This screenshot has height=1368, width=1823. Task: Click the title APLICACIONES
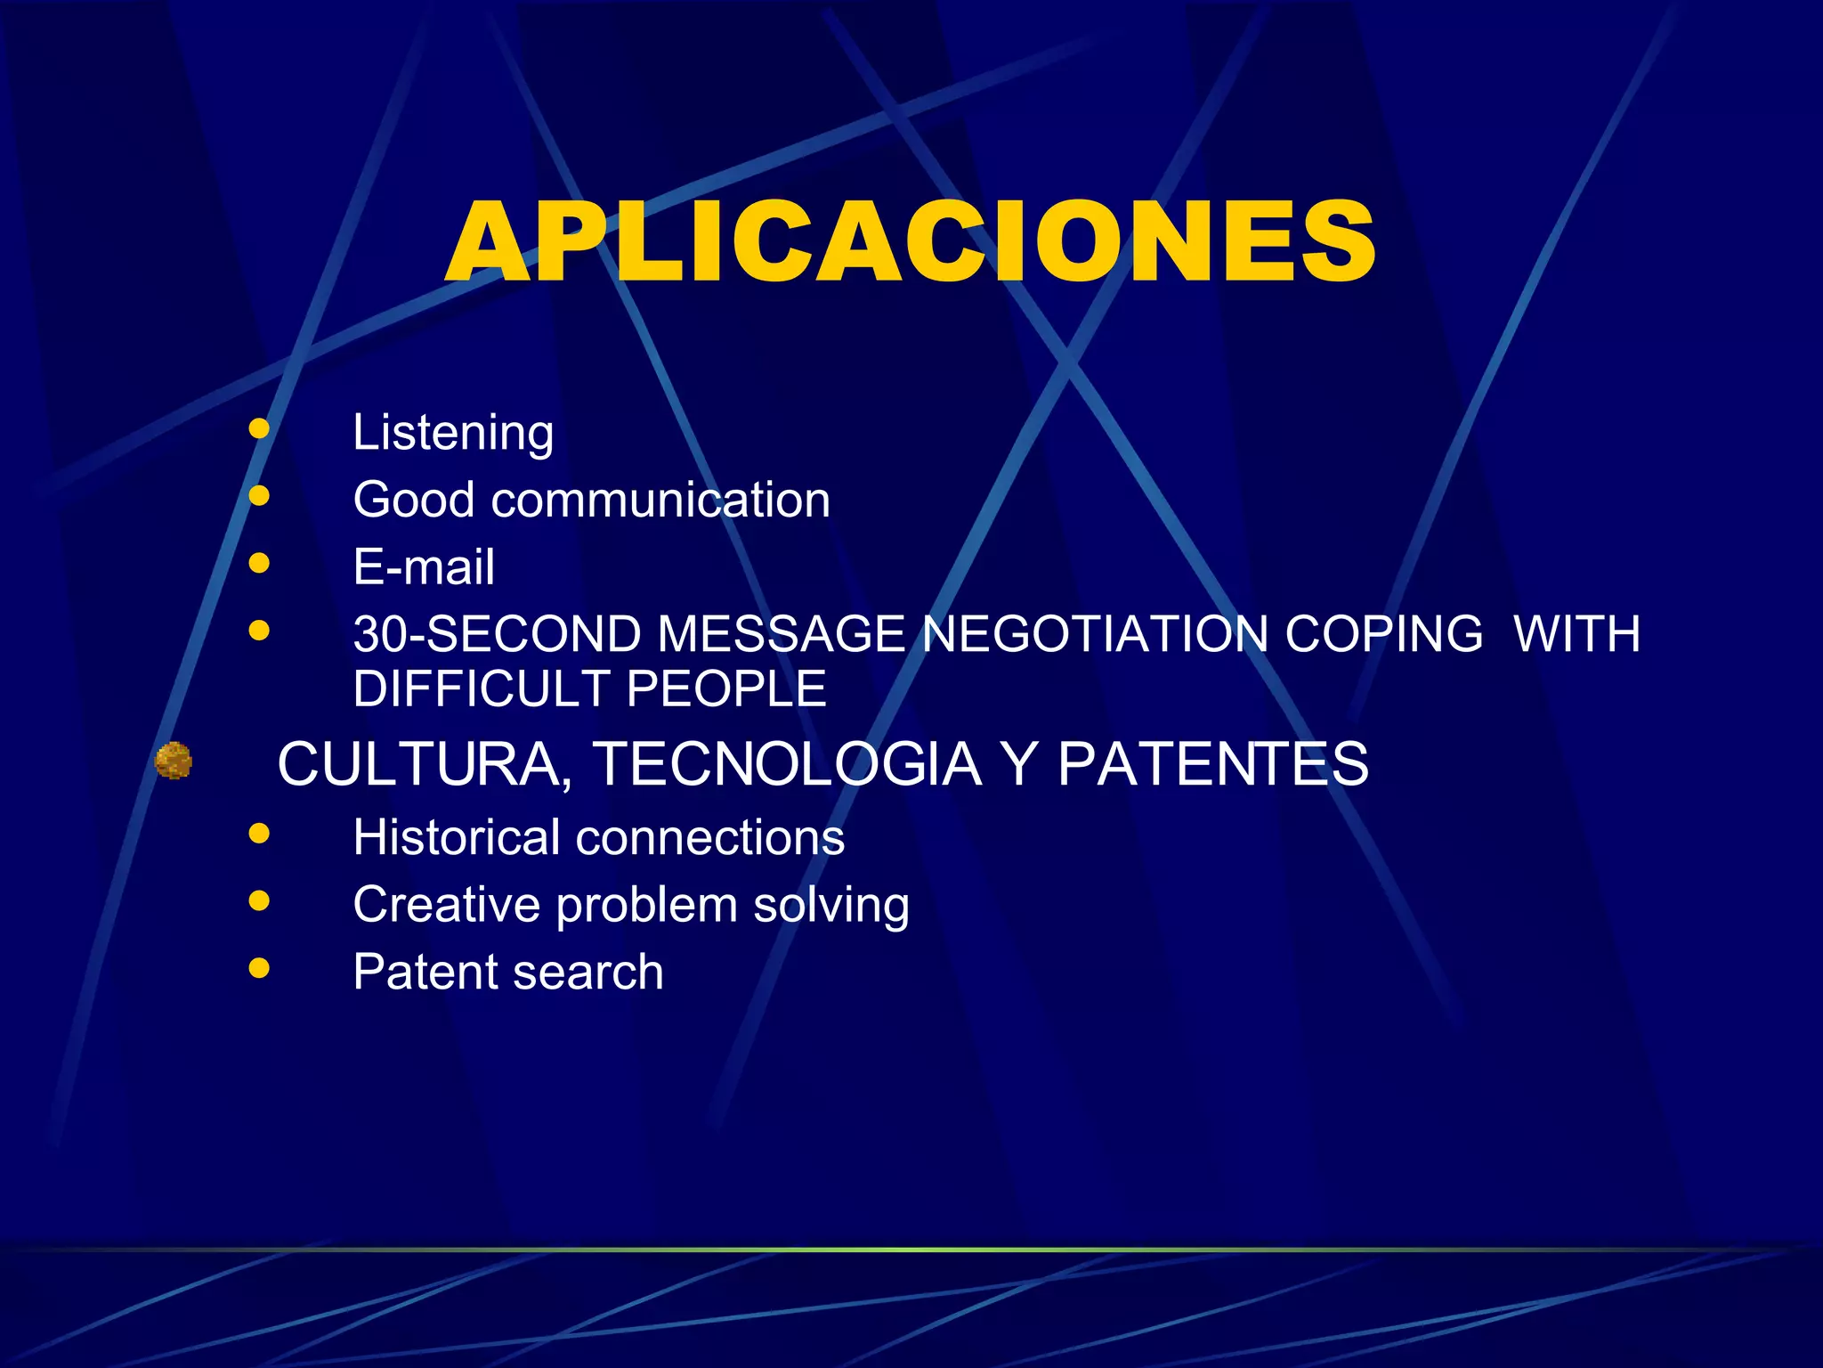point(910,242)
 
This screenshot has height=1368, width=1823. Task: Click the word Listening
point(453,434)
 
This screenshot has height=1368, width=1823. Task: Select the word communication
point(660,500)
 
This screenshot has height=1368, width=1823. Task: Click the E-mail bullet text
point(424,567)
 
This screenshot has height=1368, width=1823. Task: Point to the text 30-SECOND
point(497,634)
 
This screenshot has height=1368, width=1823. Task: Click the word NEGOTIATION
point(1095,634)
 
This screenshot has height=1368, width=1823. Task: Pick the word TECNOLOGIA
point(787,765)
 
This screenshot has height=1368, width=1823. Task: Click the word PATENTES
point(1212,765)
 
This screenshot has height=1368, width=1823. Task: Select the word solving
point(831,906)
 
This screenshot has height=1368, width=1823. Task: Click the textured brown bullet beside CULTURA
point(174,761)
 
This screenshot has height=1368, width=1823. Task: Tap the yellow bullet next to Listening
point(259,429)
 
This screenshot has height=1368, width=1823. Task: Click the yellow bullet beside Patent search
point(259,968)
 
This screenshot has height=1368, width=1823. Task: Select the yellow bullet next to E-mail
point(259,563)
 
